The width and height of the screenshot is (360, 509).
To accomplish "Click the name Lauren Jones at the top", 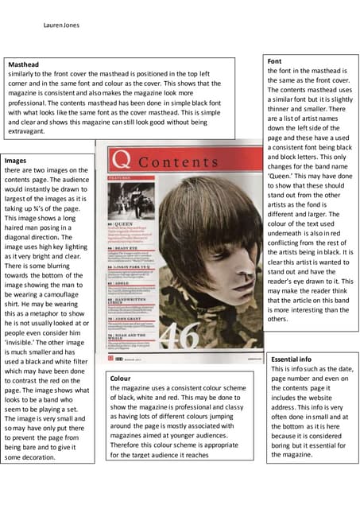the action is pyautogui.click(x=60, y=25).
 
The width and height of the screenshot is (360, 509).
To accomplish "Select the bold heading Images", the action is pyautogui.click(x=17, y=161).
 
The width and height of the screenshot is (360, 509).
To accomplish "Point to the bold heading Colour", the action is pyautogui.click(x=122, y=379).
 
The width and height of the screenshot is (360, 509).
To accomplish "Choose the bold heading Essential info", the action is pyautogui.click(x=296, y=359).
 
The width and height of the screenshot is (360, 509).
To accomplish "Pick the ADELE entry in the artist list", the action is pyautogui.click(x=120, y=282).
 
